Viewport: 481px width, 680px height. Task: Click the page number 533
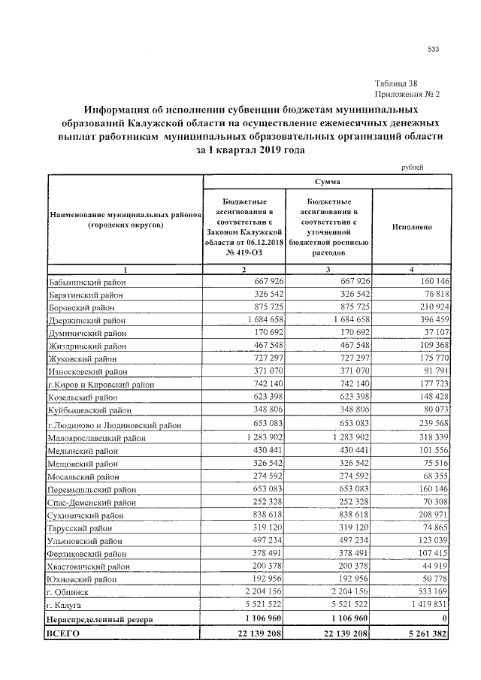(433, 50)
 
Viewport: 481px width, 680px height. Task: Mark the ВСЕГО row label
(64, 634)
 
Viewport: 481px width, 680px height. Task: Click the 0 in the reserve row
(446, 618)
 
